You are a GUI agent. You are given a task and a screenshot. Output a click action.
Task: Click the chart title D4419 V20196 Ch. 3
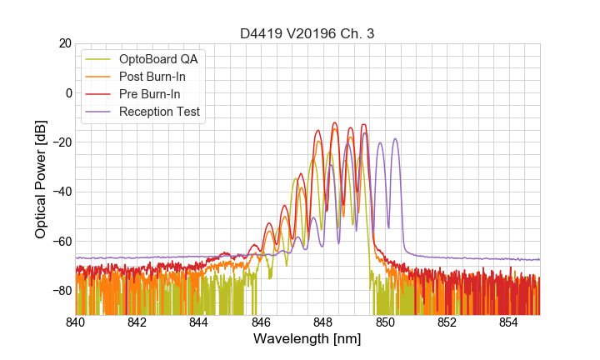pyautogui.click(x=307, y=33)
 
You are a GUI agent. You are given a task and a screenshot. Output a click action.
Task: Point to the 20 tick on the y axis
pyautogui.click(x=63, y=43)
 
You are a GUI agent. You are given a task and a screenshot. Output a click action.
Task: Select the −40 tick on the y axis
pyautogui.click(x=60, y=192)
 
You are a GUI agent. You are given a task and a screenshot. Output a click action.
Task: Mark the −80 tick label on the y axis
pyautogui.click(x=60, y=291)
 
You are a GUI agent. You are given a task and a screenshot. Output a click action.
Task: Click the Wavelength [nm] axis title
pyautogui.click(x=307, y=340)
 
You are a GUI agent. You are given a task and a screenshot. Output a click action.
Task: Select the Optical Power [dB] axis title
pyautogui.click(x=41, y=179)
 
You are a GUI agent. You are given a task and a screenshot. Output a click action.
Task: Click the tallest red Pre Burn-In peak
pyautogui.click(x=335, y=123)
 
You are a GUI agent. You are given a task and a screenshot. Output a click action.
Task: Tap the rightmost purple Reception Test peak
pyautogui.click(x=396, y=139)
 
